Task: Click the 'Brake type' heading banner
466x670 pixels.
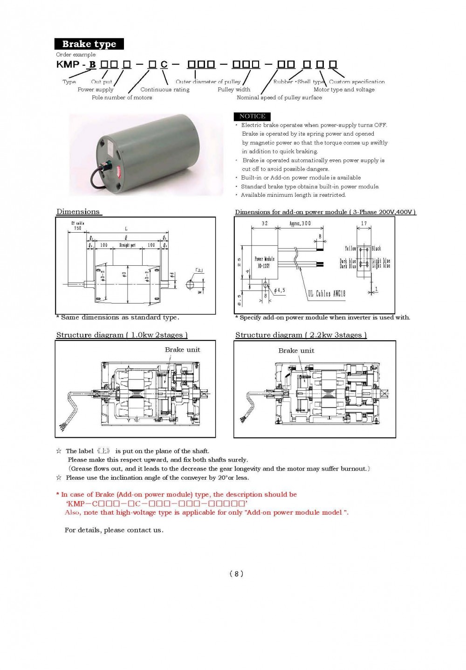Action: [x=89, y=44]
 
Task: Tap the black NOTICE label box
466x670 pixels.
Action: [x=252, y=116]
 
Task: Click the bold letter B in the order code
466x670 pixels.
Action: [x=92, y=64]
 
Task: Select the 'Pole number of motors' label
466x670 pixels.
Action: [x=122, y=97]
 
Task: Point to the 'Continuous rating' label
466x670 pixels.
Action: [x=165, y=90]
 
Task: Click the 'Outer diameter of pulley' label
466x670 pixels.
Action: [x=208, y=82]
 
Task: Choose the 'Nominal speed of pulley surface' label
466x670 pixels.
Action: [x=279, y=97]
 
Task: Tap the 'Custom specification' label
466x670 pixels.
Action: [x=357, y=82]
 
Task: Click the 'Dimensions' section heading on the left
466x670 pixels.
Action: [x=78, y=212]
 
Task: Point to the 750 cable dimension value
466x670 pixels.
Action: [x=77, y=228]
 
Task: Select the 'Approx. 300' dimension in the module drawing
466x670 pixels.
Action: [x=300, y=224]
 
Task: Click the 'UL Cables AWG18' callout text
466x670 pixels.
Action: [x=326, y=293]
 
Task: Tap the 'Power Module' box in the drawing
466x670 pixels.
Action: [x=264, y=262]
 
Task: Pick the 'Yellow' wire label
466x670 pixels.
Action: [x=350, y=249]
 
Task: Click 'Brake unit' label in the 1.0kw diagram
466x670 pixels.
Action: [x=182, y=350]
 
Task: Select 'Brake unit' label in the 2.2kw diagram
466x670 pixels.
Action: [x=296, y=351]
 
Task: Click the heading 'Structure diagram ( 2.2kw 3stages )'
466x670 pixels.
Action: [x=301, y=335]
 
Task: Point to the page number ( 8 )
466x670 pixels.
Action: [x=237, y=574]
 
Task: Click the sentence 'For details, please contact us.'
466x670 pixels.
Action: [x=114, y=530]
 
